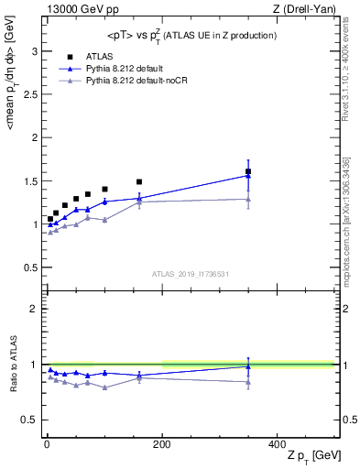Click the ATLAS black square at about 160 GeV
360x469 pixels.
click(139, 181)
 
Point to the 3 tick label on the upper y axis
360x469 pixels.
click(36, 51)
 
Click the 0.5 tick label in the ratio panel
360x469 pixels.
click(32, 420)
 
